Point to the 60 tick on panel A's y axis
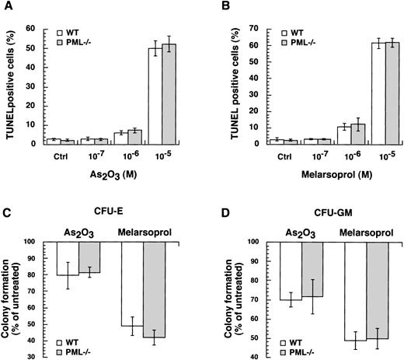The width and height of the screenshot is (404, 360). pos(44,29)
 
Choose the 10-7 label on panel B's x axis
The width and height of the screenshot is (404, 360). pos(280,154)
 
